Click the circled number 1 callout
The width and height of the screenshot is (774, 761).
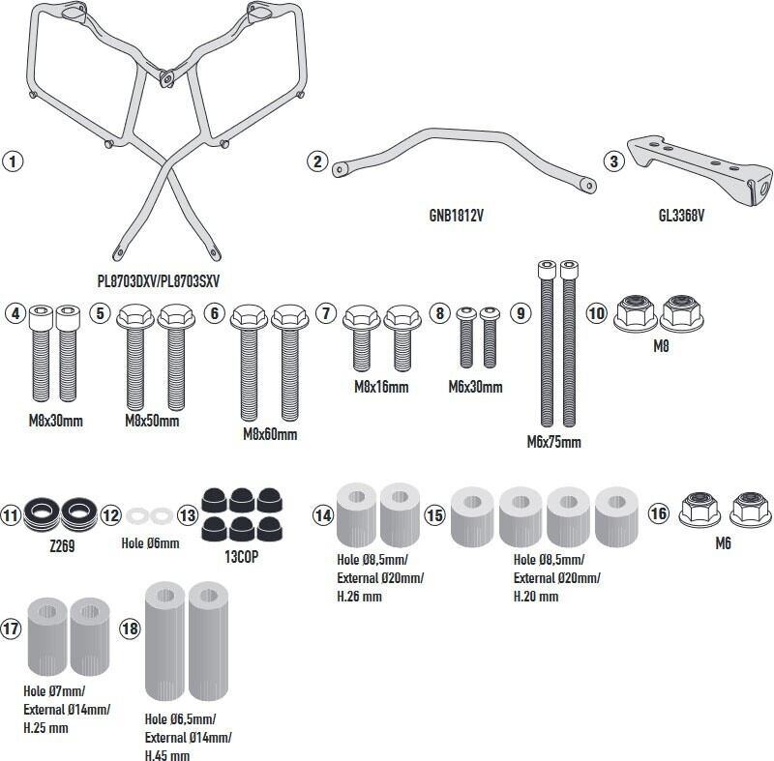point(13,161)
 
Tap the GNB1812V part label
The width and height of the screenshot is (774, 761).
point(454,216)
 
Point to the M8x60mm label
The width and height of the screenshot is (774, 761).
point(270,434)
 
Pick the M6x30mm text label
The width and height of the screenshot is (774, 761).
point(475,387)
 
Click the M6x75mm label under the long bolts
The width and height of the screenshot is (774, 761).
point(554,443)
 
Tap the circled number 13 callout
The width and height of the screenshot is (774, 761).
point(188,515)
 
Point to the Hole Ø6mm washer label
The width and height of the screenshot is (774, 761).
point(151,543)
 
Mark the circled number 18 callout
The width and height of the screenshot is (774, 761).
point(130,629)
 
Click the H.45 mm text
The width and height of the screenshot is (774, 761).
point(167,755)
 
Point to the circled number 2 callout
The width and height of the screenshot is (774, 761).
point(317,161)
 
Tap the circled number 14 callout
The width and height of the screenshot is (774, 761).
point(323,515)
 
